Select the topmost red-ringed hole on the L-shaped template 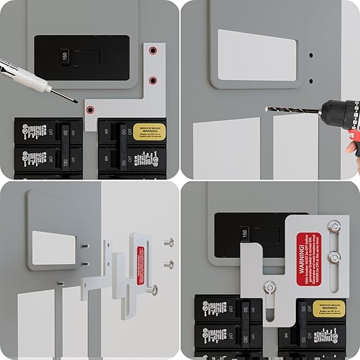click(x=154, y=51)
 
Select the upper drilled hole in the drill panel click(x=310, y=55)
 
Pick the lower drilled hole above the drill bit click(x=310, y=81)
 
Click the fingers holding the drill click(x=353, y=146)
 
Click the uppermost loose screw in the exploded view click(x=168, y=242)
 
